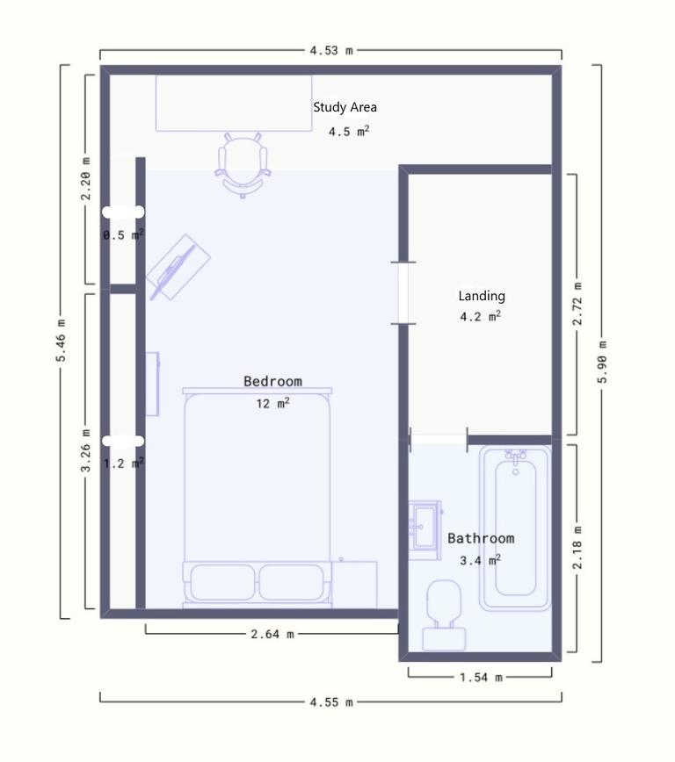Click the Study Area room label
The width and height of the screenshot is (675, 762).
point(345,107)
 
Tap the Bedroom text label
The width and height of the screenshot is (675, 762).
point(272,381)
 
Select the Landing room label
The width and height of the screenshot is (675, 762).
point(482,296)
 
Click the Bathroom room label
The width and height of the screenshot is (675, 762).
point(481,538)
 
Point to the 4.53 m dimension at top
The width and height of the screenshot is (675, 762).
point(331,51)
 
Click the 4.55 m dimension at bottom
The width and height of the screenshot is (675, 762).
point(331,701)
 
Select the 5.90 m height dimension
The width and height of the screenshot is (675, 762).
point(601,361)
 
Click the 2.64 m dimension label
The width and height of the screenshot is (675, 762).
point(272,634)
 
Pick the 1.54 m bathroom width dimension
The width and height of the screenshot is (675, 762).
point(481,677)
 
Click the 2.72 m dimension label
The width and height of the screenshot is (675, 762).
point(577,305)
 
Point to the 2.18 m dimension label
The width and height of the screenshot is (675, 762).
point(577,549)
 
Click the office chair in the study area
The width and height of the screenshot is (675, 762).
point(242,162)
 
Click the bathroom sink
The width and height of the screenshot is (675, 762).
point(425,526)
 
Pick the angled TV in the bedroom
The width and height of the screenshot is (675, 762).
point(178,267)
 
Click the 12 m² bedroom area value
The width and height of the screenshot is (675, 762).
point(272,403)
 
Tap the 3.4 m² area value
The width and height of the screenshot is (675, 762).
point(481,560)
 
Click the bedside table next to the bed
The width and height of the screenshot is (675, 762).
point(354,584)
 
